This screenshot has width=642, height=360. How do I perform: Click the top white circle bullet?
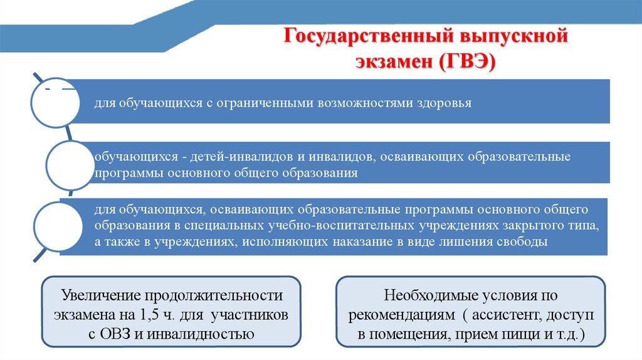[x=55, y=103]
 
